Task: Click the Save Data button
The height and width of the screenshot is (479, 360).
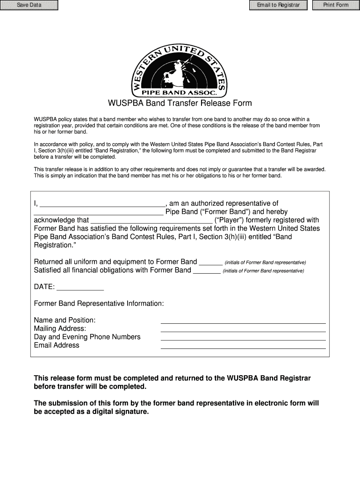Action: tap(29, 5)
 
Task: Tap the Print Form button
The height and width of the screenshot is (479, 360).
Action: tap(336, 5)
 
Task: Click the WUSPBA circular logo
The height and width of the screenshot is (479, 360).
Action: tap(180, 70)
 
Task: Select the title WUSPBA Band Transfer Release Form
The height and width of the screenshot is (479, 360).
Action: tap(180, 103)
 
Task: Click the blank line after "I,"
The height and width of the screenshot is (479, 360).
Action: tap(102, 204)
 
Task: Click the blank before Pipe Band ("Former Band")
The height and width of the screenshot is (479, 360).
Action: tap(99, 212)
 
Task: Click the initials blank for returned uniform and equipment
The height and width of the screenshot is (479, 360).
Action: tap(211, 262)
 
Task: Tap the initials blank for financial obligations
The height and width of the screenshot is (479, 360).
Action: tap(207, 271)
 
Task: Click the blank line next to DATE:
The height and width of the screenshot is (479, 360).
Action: tap(80, 287)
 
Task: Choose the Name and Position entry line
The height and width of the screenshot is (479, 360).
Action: tap(243, 321)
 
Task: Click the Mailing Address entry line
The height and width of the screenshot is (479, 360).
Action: tap(243, 329)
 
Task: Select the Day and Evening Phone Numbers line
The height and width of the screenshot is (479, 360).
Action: tap(243, 338)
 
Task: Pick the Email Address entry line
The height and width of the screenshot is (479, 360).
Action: tap(243, 346)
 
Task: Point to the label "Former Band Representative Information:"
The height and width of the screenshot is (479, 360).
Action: tap(99, 304)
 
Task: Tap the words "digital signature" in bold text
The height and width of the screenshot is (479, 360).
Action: tap(120, 412)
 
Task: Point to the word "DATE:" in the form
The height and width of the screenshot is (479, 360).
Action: tap(44, 287)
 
